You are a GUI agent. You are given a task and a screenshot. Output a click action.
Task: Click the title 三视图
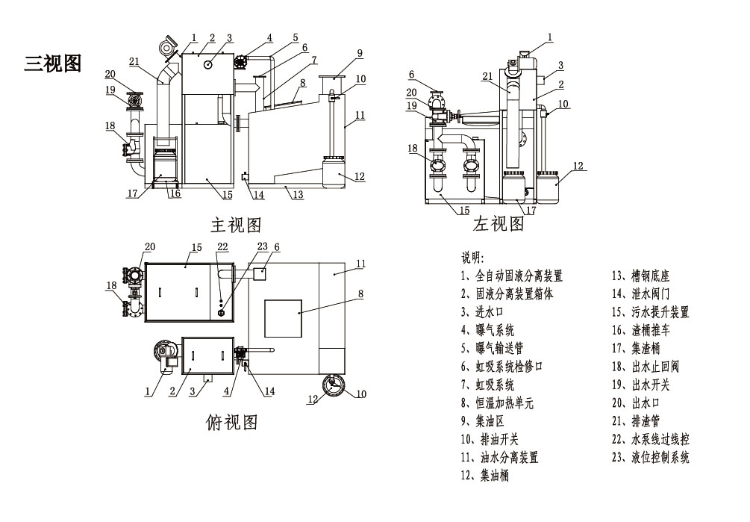pos(52,63)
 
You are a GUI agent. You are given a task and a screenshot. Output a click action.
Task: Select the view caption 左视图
pos(499,223)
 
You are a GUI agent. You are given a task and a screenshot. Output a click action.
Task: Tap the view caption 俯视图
pos(231,423)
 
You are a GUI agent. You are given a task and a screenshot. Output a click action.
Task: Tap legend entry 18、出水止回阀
pos(646,366)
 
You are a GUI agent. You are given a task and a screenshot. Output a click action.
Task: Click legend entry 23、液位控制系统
pos(650,457)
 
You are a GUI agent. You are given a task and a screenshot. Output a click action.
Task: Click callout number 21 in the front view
pos(134,61)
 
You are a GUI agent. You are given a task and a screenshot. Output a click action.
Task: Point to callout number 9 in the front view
pos(360,53)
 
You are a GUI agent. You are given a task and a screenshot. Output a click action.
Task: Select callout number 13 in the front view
pos(297,196)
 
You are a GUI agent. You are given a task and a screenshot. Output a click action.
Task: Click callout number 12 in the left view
pos(578,166)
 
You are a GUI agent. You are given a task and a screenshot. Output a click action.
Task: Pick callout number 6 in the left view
pos(410,74)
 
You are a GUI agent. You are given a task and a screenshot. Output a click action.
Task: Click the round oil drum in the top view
pos(331,385)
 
